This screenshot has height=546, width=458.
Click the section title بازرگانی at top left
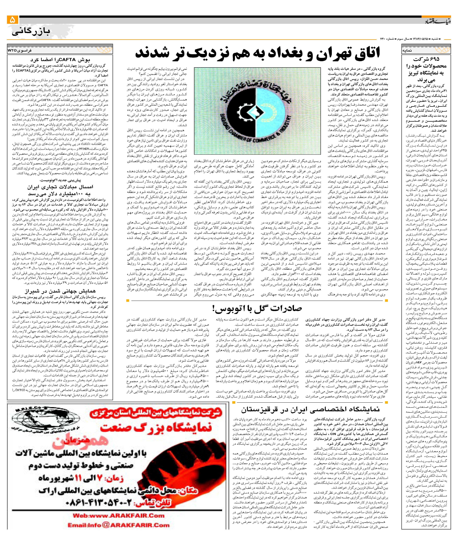point(31,32)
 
